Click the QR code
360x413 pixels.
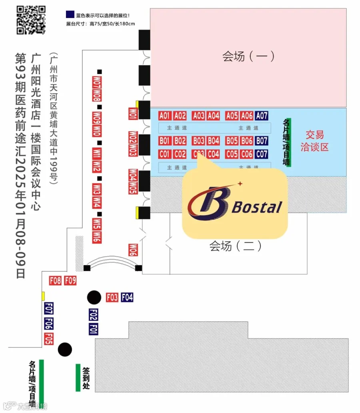31,20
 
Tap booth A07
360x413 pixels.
262,116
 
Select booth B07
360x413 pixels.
262,141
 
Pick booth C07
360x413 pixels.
262,154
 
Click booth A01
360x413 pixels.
165,116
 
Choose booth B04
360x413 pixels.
214,141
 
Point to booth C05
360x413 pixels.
232,154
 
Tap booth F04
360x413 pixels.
127,297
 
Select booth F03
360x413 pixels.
112,297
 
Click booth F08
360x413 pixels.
55,281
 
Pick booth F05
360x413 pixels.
49,339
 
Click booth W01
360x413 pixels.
133,114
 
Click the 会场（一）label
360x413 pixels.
248,56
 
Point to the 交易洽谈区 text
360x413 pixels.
314,141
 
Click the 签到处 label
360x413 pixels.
86,378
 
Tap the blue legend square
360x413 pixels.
70,15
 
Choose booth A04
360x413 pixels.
214,116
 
